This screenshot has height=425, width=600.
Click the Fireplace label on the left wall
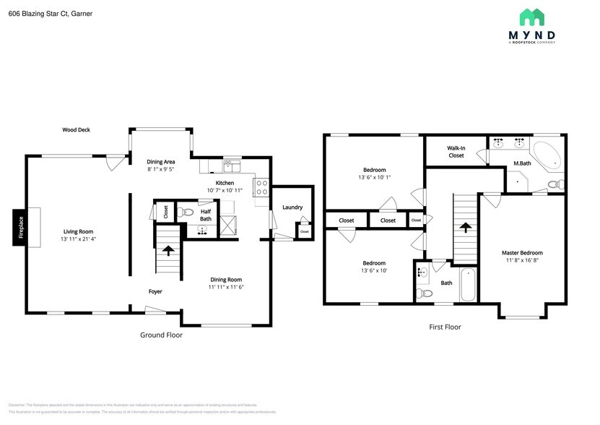[21, 228]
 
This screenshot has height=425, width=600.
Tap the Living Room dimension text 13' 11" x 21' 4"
[78, 239]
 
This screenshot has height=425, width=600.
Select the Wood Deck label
[76, 130]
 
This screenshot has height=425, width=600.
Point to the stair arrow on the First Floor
[466, 228]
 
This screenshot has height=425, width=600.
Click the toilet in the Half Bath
[186, 212]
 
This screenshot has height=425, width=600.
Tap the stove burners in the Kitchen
[262, 187]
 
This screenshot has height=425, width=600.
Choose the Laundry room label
[292, 207]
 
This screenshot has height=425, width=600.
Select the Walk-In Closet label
[456, 152]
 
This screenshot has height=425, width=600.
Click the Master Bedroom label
[522, 252]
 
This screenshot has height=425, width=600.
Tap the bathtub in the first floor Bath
[468, 285]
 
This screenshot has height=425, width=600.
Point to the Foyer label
[155, 292]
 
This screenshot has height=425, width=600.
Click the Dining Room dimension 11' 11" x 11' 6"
[227, 287]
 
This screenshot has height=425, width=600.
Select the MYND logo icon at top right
[537, 17]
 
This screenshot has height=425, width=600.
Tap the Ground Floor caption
[161, 335]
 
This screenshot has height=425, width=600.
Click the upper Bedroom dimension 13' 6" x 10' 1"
[374, 177]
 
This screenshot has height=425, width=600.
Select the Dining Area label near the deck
[161, 161]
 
